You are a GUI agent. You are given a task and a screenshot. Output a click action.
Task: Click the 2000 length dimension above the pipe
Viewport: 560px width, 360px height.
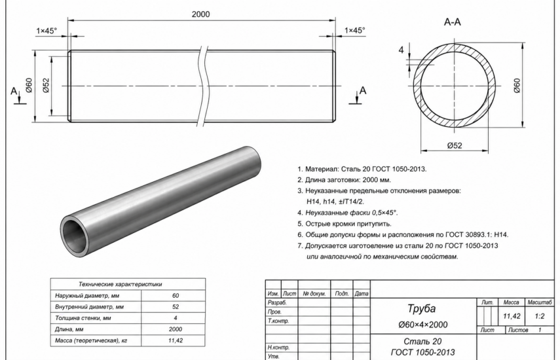click(200, 14)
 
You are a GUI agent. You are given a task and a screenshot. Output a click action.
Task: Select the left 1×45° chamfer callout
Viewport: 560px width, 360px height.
click(47, 31)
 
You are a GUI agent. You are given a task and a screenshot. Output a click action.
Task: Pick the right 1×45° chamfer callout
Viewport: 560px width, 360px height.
click(354, 30)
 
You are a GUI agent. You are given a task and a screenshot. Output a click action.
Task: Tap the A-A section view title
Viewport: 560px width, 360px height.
click(452, 22)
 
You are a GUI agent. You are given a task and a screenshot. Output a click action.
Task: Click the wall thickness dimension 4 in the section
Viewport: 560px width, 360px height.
click(401, 50)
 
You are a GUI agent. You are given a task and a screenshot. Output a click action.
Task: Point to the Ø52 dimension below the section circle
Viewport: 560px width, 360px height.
click(455, 145)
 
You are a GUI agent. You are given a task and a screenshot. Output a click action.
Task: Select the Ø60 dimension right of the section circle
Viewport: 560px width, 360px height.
click(517, 86)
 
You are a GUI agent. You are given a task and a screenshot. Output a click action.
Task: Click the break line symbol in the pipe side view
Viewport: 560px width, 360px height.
click(203, 86)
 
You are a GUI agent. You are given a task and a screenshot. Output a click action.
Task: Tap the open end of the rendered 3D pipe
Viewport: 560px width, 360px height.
click(76, 236)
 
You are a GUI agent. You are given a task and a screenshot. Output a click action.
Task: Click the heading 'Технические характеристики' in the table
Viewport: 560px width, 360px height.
click(120, 284)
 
